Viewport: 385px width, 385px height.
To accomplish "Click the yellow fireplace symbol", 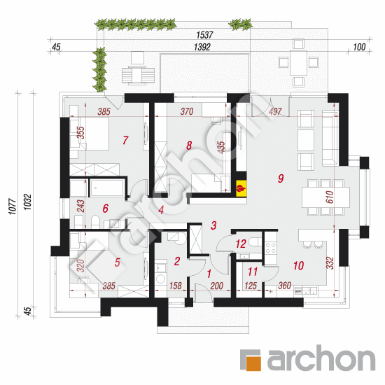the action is click(x=241, y=188).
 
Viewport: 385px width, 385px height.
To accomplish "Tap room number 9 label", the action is click(x=281, y=178).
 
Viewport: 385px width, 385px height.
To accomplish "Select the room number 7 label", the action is click(x=125, y=140).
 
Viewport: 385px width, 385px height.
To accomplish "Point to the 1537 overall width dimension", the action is click(x=204, y=35).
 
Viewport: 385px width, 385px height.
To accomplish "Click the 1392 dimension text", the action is click(x=202, y=47).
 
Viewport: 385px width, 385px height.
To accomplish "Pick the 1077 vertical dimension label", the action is click(x=13, y=206).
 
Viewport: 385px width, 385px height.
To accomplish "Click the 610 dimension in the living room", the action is click(x=330, y=197).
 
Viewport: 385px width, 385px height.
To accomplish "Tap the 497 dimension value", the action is click(x=275, y=112).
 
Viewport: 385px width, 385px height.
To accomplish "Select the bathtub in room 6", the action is click(x=107, y=188).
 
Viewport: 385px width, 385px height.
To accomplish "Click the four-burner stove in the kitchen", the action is click(x=271, y=248).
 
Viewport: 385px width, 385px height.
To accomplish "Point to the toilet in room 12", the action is click(x=255, y=241).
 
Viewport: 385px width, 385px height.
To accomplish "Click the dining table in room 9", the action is click(x=325, y=197).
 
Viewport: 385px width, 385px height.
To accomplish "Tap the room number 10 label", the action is click(x=299, y=266).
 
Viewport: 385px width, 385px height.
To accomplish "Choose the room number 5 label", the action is click(x=118, y=262).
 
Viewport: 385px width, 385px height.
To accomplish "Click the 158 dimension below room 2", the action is click(x=176, y=286).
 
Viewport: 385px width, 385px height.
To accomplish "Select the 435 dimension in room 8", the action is click(x=221, y=147).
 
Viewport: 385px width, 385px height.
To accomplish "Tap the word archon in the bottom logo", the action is click(x=321, y=358).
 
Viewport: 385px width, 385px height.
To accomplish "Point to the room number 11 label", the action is click(x=253, y=272).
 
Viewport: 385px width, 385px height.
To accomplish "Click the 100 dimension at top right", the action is click(x=359, y=47).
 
